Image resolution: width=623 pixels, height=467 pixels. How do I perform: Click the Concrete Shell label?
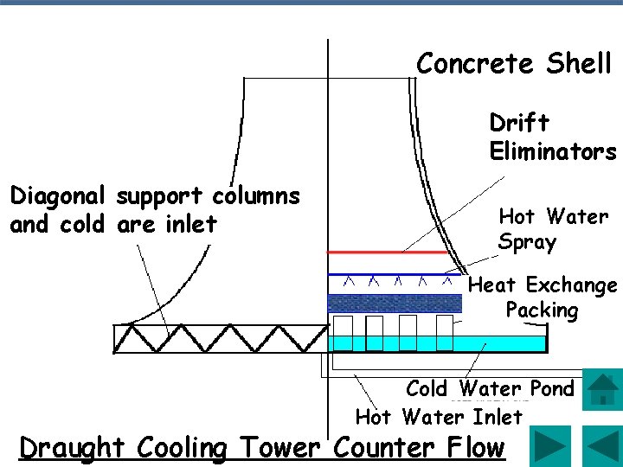tap(513, 64)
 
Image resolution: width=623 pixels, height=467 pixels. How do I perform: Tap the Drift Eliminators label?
tap(552, 138)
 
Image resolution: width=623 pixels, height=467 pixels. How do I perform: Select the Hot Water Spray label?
tap(553, 229)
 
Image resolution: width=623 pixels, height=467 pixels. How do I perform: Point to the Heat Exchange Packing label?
tap(543, 297)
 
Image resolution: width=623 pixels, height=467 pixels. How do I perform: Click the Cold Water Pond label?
tap(490, 389)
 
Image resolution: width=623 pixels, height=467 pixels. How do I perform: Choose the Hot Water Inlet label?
tap(439, 418)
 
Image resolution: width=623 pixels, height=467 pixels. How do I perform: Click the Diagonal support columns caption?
tap(154, 210)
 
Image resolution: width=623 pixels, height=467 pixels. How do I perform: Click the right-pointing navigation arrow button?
tap(549, 446)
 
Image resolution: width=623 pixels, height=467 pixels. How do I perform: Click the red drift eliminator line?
tap(389, 252)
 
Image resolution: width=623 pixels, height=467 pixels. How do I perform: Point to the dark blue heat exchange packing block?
tap(394, 304)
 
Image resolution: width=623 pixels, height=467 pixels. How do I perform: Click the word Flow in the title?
tap(472, 448)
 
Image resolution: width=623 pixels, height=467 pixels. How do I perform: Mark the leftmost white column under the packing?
tap(343, 332)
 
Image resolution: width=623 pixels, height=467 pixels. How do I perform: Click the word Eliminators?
tap(552, 152)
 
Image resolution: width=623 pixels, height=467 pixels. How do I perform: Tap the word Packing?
tap(542, 310)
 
